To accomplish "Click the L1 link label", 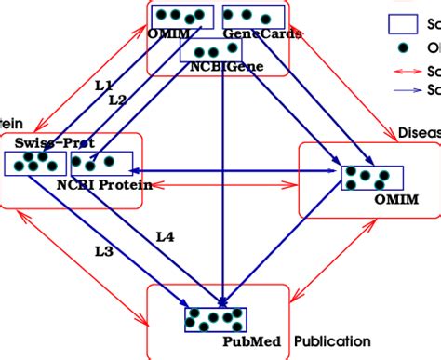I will tap(103, 85).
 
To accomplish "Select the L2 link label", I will tap(116, 100).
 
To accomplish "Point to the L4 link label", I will tap(164, 237).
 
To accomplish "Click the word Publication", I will tap(332, 341).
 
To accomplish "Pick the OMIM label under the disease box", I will tap(395, 199).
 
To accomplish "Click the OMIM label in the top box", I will tap(169, 34).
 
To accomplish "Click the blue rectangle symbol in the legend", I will tap(402, 25).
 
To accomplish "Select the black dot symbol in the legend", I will tap(402, 48).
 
